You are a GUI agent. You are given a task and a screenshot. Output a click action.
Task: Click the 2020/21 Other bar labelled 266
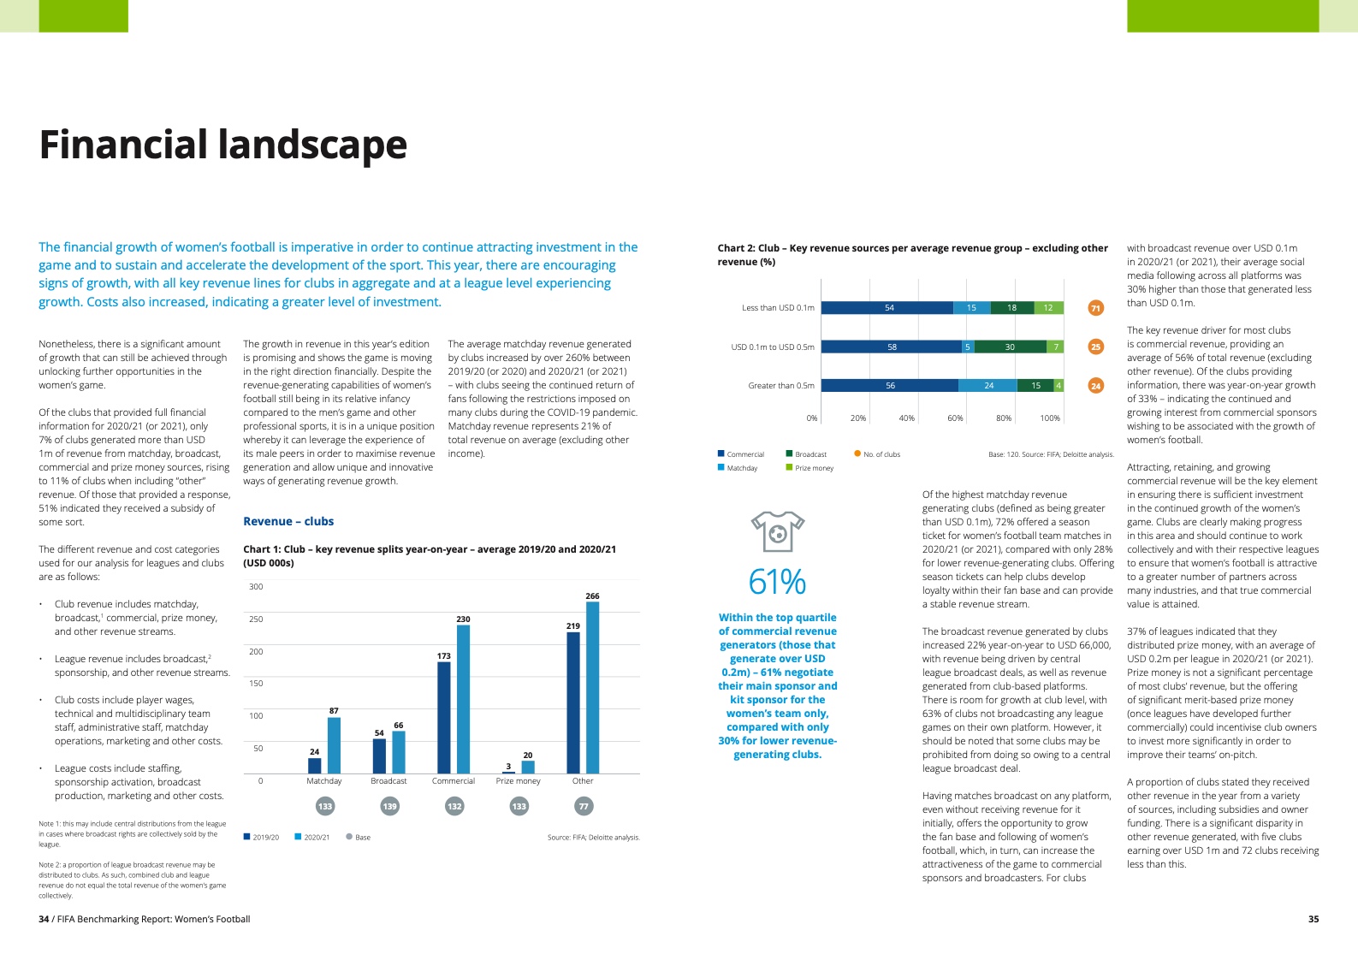point(592,688)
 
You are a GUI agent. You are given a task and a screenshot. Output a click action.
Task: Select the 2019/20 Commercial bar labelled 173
point(443,718)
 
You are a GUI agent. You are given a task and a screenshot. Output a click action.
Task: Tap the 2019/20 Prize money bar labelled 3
point(508,773)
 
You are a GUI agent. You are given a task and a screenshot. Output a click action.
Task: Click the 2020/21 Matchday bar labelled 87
point(334,745)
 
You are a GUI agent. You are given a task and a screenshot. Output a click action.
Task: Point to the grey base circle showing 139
point(389,806)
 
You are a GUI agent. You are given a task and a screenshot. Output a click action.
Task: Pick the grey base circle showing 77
point(584,806)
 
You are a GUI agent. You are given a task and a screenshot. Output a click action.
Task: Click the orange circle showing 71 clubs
point(1095,308)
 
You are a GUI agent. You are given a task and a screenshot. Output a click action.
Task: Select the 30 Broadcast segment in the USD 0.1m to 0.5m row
point(1010,347)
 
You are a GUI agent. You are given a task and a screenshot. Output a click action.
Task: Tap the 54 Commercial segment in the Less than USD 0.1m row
point(887,308)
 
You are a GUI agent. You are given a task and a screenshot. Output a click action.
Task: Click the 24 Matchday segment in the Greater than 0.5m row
point(987,386)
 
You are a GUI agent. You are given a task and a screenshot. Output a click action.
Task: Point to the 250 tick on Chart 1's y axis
point(256,619)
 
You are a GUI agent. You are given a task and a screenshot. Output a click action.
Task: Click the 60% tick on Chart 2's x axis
point(955,418)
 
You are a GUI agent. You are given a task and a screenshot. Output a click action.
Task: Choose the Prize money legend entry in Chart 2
point(809,468)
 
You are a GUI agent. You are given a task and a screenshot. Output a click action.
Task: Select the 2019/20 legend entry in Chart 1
point(261,838)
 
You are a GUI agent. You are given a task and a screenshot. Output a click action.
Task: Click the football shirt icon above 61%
point(777,531)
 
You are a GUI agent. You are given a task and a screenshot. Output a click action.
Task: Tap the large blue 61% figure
point(777,582)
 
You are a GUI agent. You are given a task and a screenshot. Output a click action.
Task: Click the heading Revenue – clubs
point(288,521)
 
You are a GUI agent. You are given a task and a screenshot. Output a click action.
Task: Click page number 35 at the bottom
point(1313,919)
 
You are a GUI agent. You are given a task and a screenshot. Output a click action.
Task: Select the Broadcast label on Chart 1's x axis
point(388,781)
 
